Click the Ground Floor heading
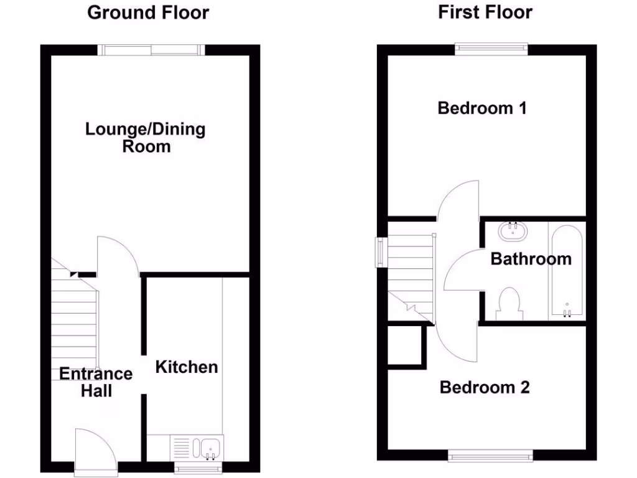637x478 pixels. (148, 12)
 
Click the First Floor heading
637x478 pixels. (485, 12)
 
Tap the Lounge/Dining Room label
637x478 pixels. (146, 138)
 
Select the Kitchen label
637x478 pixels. (187, 367)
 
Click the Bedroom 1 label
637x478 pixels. (482, 108)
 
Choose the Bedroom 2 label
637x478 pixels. (485, 387)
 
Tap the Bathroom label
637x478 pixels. (531, 258)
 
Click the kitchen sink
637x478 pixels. (208, 447)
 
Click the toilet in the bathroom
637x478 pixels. (511, 302)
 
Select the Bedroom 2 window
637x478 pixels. (491, 456)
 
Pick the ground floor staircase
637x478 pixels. (73, 324)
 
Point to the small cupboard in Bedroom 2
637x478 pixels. (404, 345)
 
